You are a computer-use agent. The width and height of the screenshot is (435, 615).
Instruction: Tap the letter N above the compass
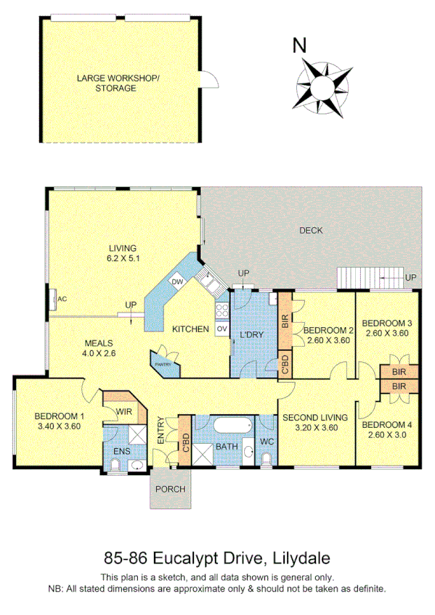pyautogui.click(x=298, y=46)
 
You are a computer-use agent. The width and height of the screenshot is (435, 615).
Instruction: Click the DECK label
pyautogui.click(x=311, y=231)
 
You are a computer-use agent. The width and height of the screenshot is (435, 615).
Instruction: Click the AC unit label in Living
pyautogui.click(x=62, y=299)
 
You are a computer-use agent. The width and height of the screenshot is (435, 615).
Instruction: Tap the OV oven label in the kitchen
pyautogui.click(x=221, y=329)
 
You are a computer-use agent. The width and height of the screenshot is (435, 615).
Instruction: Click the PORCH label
pyautogui.click(x=171, y=489)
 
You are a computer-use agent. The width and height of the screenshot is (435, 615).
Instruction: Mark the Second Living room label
pyautogui.click(x=314, y=417)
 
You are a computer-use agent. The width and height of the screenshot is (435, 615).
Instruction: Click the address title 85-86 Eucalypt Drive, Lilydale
pyautogui.click(x=217, y=558)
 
